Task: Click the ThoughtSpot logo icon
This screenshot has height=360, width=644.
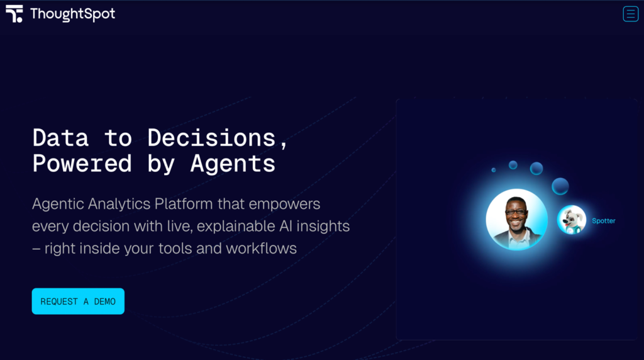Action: click(x=14, y=14)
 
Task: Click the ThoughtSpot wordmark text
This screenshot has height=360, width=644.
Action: click(x=73, y=14)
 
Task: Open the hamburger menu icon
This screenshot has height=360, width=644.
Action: click(x=630, y=14)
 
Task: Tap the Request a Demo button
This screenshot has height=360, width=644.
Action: click(x=78, y=301)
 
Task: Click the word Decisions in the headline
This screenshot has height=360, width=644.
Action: click(x=211, y=138)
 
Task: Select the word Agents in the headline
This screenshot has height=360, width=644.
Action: click(x=233, y=164)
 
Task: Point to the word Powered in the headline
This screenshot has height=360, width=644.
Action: click(x=82, y=163)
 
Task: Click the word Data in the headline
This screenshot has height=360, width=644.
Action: click(x=60, y=138)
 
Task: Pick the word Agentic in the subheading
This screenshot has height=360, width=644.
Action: click(x=58, y=205)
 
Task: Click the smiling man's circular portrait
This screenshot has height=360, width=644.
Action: click(x=517, y=220)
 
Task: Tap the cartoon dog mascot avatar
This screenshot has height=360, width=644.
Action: click(x=572, y=220)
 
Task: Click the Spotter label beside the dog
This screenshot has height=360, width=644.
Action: click(x=604, y=221)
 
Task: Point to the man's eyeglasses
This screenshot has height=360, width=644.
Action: click(x=516, y=213)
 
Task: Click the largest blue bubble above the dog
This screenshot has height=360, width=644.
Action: click(x=560, y=186)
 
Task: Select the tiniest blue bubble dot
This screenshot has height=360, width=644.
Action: click(x=494, y=170)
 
